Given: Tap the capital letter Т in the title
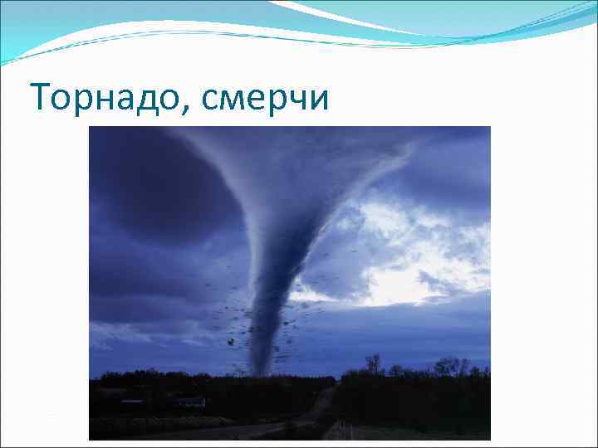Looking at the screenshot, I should [38, 98].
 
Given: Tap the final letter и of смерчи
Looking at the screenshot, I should [320, 100].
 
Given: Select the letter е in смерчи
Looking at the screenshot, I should [257, 100].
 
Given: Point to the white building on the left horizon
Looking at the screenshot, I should [189, 402].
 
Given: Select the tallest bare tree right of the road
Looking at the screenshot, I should [375, 363].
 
